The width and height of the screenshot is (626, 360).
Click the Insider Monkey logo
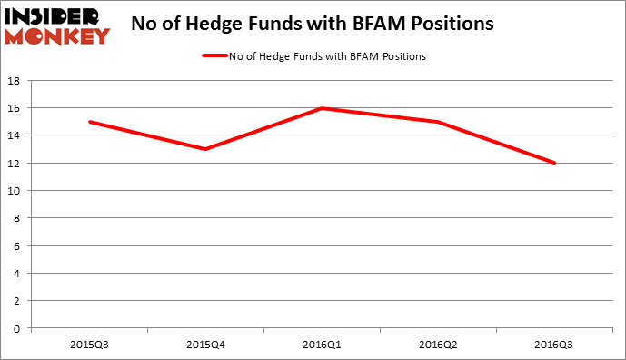tap(57, 24)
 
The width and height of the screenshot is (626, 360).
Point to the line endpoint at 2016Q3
tap(555, 164)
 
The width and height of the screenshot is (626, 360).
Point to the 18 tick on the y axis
tap(15, 81)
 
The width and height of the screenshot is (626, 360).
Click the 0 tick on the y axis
tap(18, 328)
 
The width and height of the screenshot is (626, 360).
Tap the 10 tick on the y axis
tap(15, 191)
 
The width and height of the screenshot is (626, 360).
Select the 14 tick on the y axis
tap(15, 135)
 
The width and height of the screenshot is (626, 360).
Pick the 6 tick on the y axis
tap(18, 245)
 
